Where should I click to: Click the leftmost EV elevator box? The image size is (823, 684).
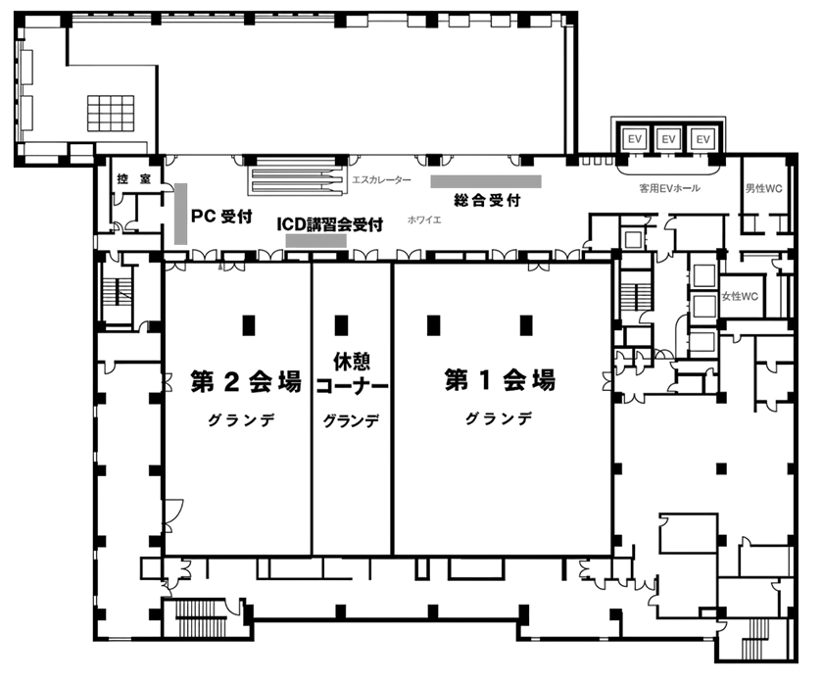635,139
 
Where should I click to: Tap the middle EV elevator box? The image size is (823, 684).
668,139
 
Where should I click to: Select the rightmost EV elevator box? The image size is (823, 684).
702,139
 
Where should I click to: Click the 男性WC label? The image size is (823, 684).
763,188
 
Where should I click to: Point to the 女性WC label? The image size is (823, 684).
740,297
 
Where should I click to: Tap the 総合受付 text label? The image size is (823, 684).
487,200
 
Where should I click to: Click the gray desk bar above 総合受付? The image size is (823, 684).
486,181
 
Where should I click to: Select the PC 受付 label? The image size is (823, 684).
221,216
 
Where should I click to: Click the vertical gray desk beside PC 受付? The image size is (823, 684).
180,214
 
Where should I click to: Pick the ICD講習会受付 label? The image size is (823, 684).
330,224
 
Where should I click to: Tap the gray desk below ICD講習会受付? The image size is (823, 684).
315,241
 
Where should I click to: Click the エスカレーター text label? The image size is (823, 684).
381,180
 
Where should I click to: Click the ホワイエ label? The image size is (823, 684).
424,220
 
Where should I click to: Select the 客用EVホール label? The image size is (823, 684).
669,188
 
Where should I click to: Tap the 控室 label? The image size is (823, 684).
134,179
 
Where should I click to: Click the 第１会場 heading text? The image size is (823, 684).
500,379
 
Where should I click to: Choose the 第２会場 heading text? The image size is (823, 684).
246,381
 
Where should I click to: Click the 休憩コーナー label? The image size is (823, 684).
352,373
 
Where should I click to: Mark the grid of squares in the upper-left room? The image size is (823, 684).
111,113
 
